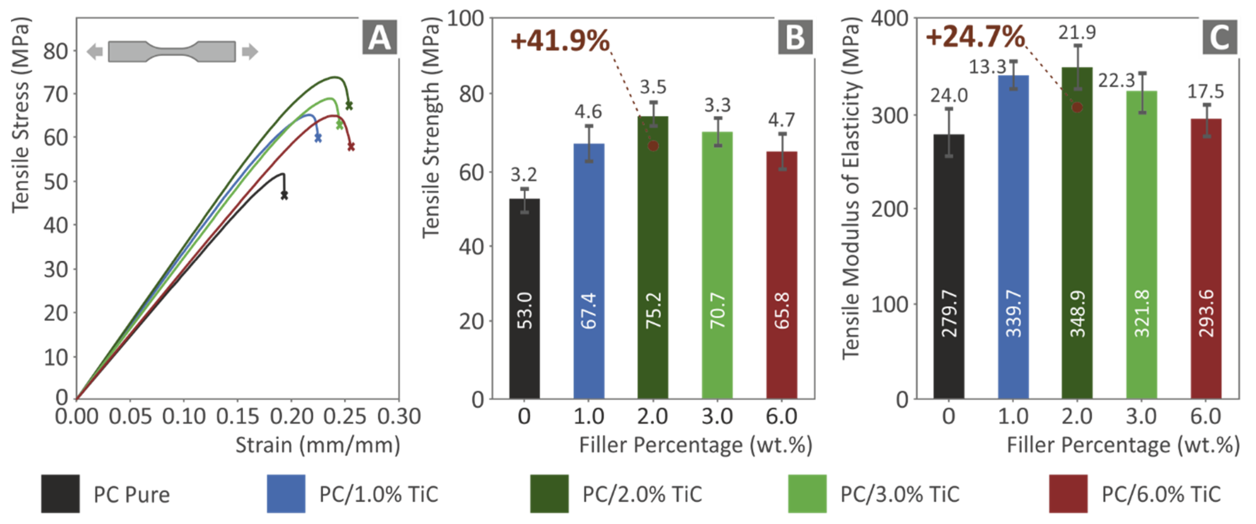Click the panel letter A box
click(x=379, y=37)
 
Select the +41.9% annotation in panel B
click(x=560, y=41)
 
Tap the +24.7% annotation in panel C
click(x=975, y=37)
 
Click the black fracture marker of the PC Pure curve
click(x=284, y=195)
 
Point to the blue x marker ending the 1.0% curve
click(x=318, y=139)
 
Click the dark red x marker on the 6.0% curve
click(x=351, y=146)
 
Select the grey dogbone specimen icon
click(x=172, y=51)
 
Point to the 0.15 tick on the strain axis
click(x=237, y=416)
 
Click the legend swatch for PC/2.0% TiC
click(x=549, y=493)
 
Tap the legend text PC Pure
click(x=132, y=494)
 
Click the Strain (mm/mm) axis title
click(x=317, y=445)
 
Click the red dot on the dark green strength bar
click(x=653, y=146)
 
